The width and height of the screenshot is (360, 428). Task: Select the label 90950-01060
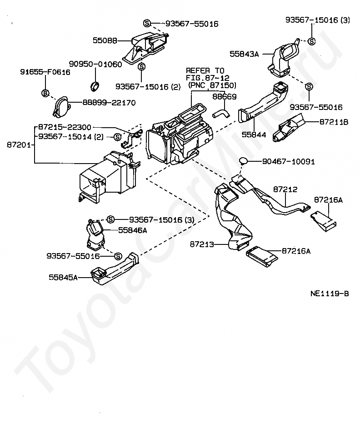click(95, 64)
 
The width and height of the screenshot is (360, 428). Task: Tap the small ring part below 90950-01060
click(95, 85)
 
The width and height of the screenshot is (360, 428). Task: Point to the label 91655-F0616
click(45, 72)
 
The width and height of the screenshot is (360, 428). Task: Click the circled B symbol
click(45, 93)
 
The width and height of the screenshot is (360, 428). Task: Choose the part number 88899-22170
click(109, 103)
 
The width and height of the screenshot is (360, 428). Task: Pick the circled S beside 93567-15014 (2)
click(117, 136)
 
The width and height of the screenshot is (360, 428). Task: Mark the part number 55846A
click(132, 230)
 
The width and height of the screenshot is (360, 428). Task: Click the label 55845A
click(63, 277)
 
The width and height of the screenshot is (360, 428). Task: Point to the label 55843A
click(244, 54)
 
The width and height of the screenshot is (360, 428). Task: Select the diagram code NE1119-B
click(330, 294)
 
